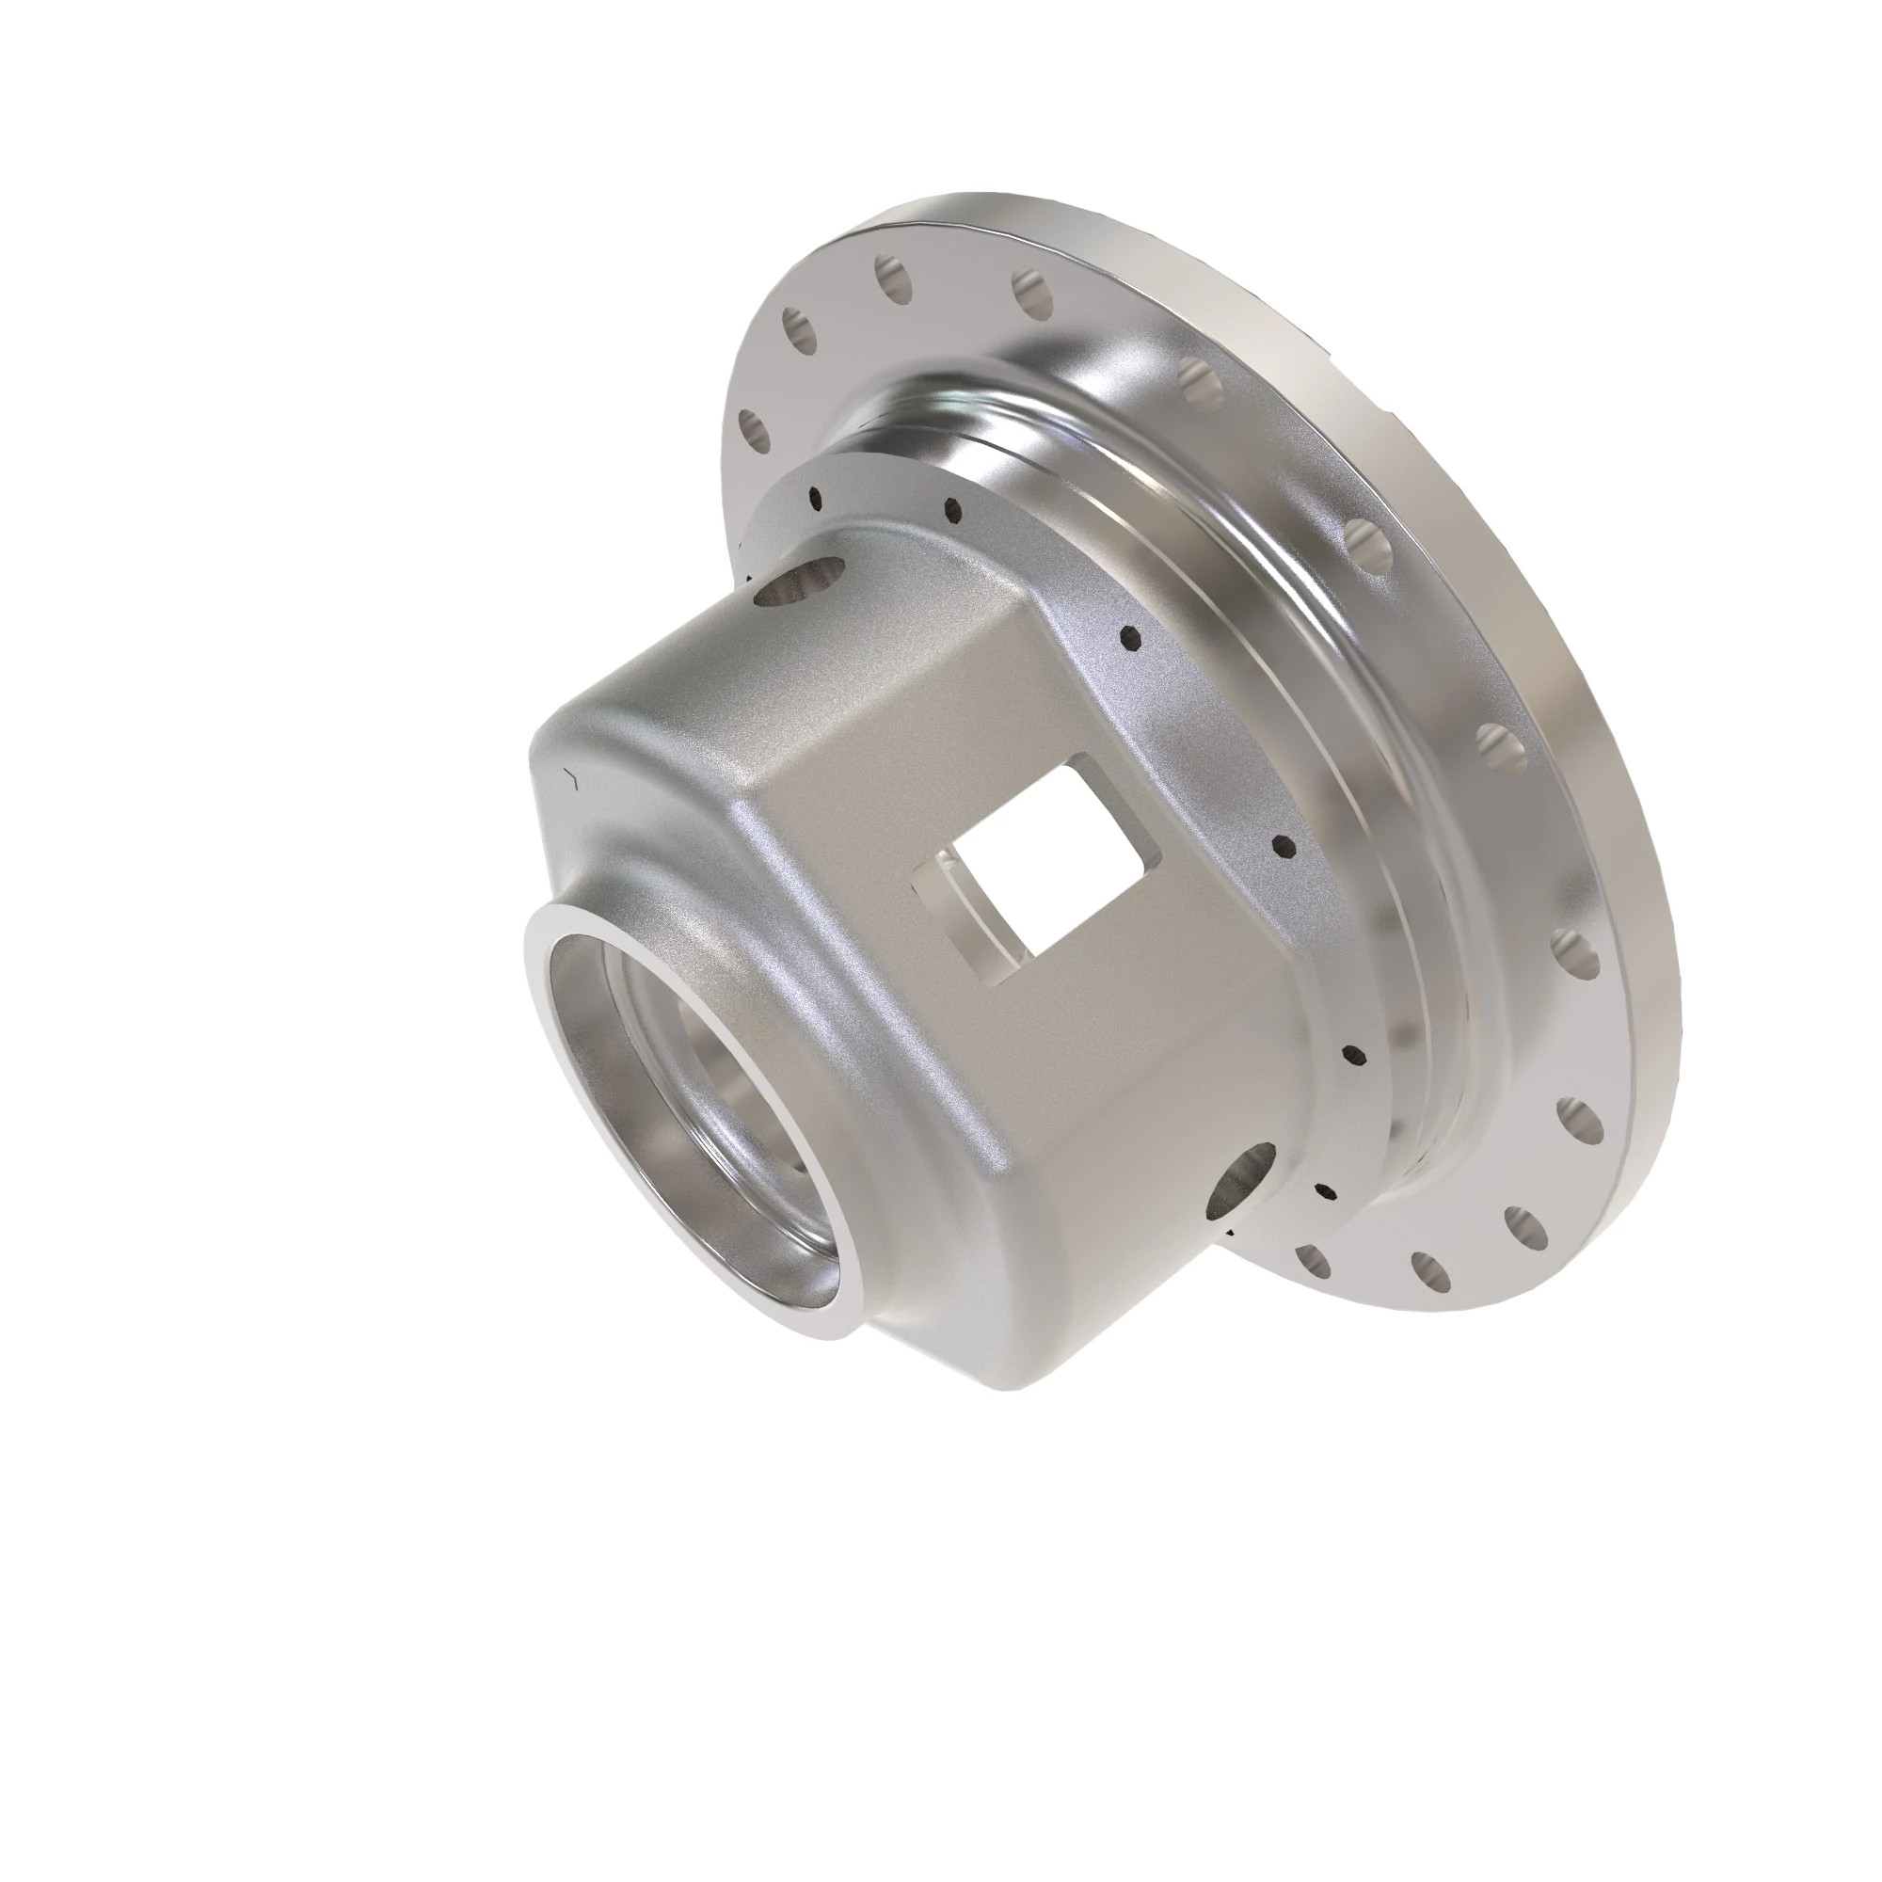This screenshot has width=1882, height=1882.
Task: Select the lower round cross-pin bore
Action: pyautogui.click(x=1241, y=1179)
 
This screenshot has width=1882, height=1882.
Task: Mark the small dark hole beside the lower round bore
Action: pyautogui.click(x=1325, y=1191)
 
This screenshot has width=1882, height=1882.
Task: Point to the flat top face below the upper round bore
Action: pyautogui.click(x=701, y=682)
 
